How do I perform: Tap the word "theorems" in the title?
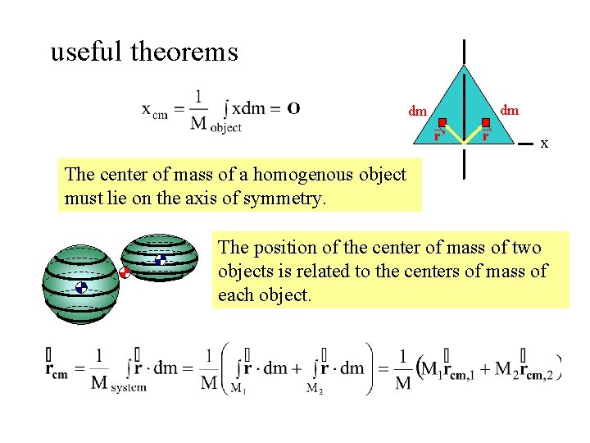(x=184, y=53)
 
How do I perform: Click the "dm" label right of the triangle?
(x=509, y=109)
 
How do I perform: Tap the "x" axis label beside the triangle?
(x=544, y=144)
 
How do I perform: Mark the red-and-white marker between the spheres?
(x=125, y=273)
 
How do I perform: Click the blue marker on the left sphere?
(x=81, y=287)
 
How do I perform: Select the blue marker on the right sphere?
(x=161, y=260)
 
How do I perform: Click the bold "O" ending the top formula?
(x=293, y=107)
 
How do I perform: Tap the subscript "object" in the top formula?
(x=226, y=127)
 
